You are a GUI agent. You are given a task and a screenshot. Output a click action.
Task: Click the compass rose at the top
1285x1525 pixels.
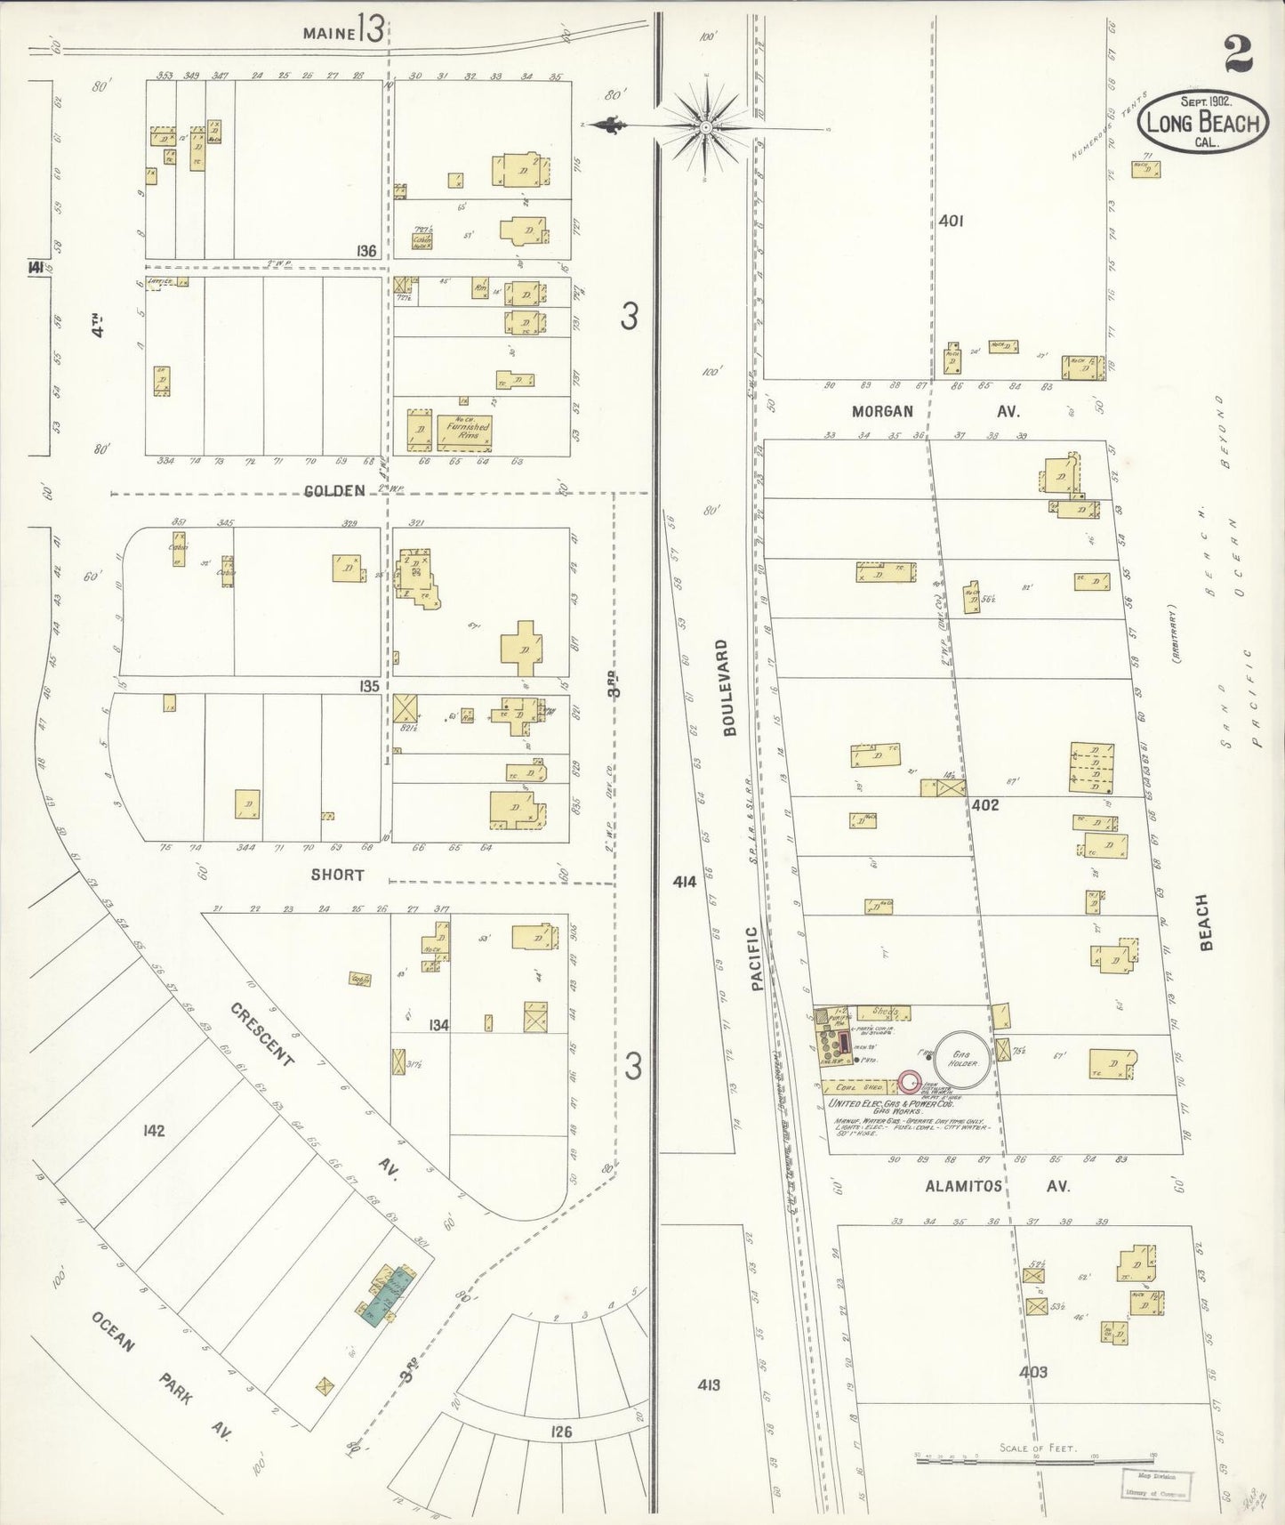tap(706, 128)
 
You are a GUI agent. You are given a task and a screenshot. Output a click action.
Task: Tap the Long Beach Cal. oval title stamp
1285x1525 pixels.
tap(1201, 122)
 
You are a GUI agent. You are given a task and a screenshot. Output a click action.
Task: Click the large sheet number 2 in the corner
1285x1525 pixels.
tap(1238, 54)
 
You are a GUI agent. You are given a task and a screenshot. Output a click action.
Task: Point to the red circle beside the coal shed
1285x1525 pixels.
tap(908, 1082)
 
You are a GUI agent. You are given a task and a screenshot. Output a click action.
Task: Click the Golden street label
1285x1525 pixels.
tap(335, 491)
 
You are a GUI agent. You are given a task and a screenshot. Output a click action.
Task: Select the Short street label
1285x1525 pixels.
tap(337, 875)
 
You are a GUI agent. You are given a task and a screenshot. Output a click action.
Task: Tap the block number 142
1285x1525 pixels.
tap(153, 1131)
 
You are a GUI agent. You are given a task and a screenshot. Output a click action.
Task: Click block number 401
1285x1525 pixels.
tap(951, 220)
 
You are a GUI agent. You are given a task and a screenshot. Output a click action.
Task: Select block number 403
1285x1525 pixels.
tap(1034, 1371)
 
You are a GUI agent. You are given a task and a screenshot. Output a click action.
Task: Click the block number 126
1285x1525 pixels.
tap(560, 1432)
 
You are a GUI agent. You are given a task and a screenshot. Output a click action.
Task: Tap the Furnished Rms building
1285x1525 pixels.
tap(466, 432)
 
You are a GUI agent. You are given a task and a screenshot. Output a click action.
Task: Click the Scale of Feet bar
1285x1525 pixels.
tap(1036, 1456)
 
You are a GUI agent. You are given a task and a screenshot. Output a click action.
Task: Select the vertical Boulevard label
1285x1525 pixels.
tap(731, 688)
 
